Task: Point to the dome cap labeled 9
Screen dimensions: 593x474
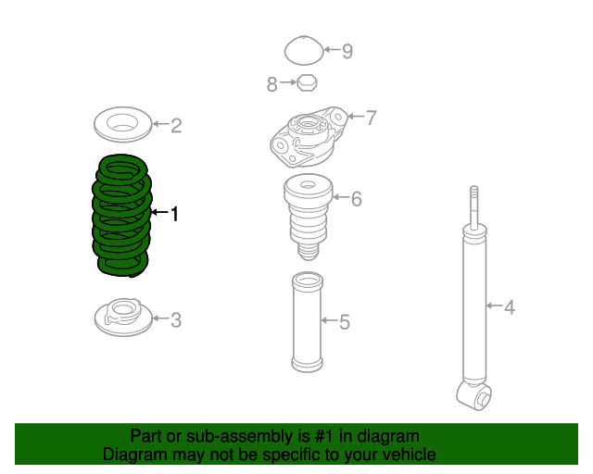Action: point(304,50)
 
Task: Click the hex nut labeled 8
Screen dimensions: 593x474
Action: point(307,82)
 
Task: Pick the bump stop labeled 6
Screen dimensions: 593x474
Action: point(309,217)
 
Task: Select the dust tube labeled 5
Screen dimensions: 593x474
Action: point(307,321)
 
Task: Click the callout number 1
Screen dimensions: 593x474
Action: point(174,214)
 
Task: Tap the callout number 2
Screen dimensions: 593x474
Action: point(176,126)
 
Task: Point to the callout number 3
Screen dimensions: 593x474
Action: point(176,320)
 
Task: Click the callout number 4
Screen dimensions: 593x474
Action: point(510,307)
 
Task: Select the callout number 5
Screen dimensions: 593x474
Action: point(344,322)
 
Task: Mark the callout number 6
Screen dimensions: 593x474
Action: point(356,199)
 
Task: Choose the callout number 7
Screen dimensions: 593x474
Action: point(371,118)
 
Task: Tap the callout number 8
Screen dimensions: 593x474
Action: point(271,84)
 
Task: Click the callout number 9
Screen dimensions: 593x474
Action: point(347,52)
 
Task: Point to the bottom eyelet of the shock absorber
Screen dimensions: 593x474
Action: point(474,395)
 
